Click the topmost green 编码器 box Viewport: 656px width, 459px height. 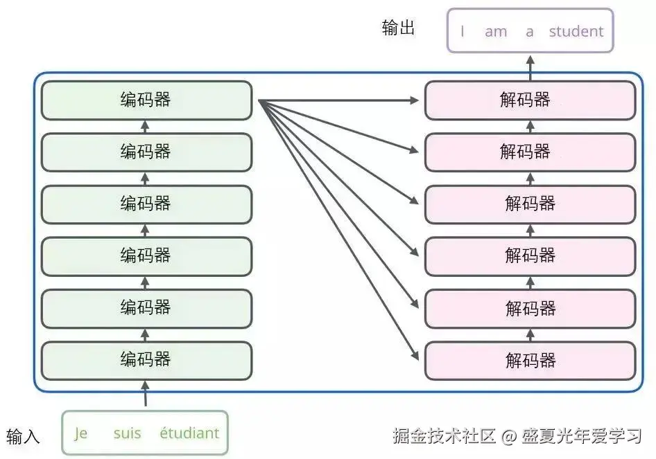[x=146, y=100]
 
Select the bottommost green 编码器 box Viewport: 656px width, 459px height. [x=146, y=360]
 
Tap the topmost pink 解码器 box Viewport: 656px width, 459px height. [x=530, y=100]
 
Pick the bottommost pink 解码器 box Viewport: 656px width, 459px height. [x=530, y=360]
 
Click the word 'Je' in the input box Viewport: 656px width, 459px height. [x=81, y=434]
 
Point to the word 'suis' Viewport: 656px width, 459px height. [x=127, y=434]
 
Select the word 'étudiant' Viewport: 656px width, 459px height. [x=189, y=434]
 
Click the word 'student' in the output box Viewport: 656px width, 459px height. [x=576, y=31]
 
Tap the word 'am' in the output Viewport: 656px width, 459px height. [x=496, y=31]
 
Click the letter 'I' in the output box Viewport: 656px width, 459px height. [x=463, y=31]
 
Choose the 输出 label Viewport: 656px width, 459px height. [x=398, y=28]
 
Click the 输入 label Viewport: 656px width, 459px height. [x=24, y=436]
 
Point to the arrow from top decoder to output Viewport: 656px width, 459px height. [x=530, y=66]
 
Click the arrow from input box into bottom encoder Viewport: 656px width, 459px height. [x=146, y=395]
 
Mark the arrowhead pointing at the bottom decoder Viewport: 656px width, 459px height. [x=415, y=357]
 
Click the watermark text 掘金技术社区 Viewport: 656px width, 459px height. [x=444, y=436]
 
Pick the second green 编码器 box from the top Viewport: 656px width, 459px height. [x=146, y=152]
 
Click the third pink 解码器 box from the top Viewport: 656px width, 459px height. [x=530, y=204]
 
